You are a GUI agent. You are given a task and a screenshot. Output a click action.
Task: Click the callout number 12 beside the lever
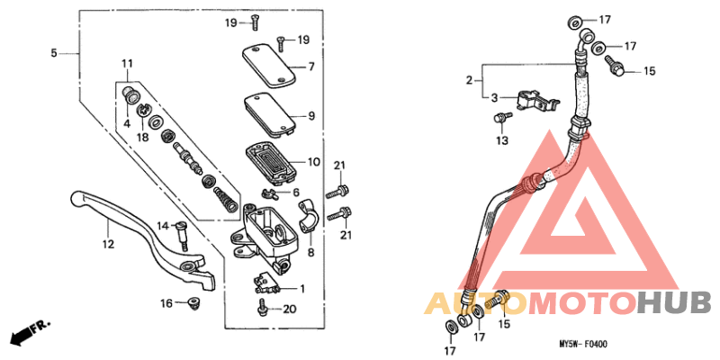pos(107,244)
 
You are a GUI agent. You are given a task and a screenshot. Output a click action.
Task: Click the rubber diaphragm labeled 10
pos(274,163)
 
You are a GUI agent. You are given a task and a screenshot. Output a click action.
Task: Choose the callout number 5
pos(53,54)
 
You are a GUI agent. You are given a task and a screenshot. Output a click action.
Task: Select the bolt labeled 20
pos(262,309)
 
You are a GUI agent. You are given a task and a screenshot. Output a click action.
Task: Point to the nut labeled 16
pos(193,303)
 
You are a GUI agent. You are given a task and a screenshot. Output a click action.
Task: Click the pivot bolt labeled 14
pos(181,232)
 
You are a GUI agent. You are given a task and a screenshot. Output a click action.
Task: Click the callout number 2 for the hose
pos(469,81)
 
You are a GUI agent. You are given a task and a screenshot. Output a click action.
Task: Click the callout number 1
pos(301,289)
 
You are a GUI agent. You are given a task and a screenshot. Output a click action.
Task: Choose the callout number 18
pos(142,136)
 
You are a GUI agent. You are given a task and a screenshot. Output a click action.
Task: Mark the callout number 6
pos(295,193)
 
